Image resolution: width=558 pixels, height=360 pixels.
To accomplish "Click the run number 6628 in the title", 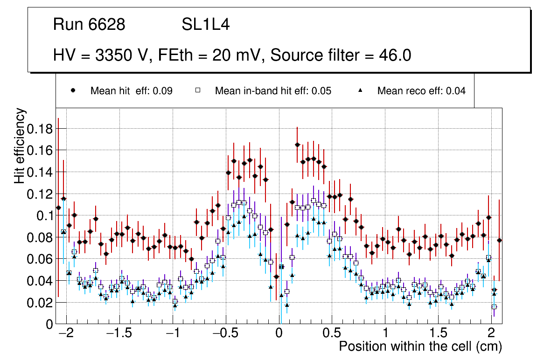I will coord(107,25).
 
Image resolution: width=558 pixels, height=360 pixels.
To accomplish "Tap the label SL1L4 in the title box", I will coord(206,25).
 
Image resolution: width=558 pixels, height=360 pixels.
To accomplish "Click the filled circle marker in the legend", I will coord(73,91).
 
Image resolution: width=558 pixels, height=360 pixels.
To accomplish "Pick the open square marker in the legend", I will coord(198,91).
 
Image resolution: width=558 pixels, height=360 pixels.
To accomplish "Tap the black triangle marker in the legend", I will coord(360,91).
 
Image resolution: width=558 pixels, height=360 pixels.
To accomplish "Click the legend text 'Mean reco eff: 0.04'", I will coord(421,91).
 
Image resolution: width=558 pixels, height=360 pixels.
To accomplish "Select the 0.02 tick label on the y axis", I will coord(40,302).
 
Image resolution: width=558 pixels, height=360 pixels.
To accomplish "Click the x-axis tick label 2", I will coord(491,334).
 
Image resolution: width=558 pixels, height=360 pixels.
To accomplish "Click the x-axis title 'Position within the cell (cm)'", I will coord(420,347).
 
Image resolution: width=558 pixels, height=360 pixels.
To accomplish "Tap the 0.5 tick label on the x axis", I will coord(332,334).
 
